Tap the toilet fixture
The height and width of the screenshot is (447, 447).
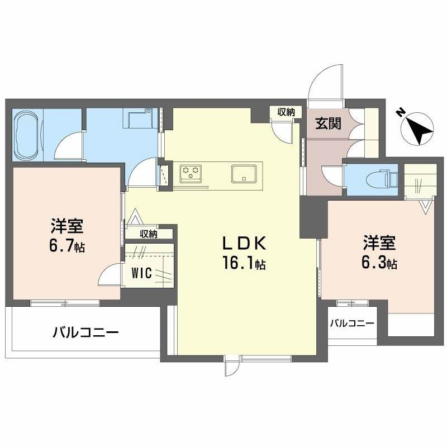click(386, 179)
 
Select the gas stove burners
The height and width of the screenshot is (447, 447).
click(191, 172)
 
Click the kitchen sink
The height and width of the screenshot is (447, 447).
click(244, 173)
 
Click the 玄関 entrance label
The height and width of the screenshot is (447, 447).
click(327, 123)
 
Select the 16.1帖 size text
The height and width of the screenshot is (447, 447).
click(244, 264)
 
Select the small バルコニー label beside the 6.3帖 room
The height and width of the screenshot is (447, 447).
click(351, 323)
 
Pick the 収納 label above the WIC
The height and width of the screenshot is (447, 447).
click(149, 234)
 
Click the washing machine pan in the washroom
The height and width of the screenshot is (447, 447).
click(137, 118)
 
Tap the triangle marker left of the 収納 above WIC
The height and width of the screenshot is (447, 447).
click(135, 216)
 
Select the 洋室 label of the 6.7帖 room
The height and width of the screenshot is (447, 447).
click(66, 226)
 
